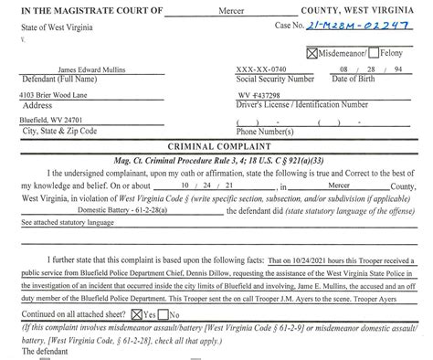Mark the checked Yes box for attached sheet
point(134,312)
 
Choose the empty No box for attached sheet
point(164,312)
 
